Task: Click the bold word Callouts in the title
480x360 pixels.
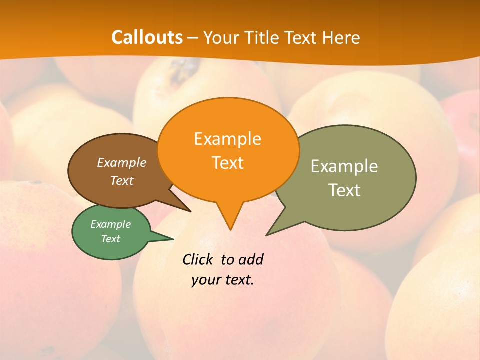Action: pos(147,37)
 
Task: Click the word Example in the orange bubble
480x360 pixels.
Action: pos(227,138)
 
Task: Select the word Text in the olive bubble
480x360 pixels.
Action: pos(344,190)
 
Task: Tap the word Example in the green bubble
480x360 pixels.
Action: pos(110,224)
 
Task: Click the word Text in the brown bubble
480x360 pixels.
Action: pos(121,180)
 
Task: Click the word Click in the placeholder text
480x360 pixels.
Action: pos(199,259)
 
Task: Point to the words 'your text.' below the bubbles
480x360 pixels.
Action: pos(223,280)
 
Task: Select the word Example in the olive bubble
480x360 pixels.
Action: pos(344,166)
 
